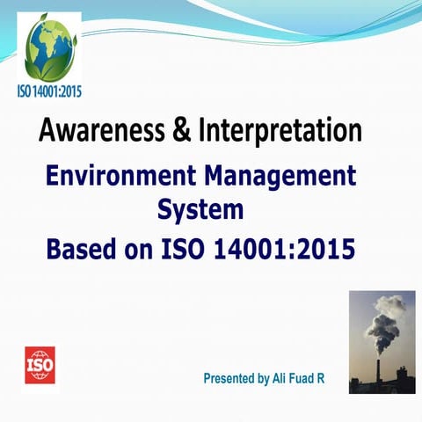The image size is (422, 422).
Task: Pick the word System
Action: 200,209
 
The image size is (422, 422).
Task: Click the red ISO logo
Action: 40,364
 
